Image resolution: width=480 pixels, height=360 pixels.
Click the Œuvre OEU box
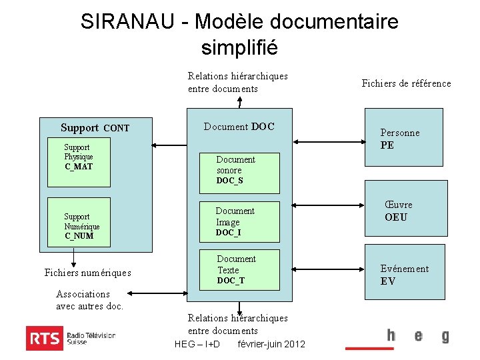click(x=404, y=211)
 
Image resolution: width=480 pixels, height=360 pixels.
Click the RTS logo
click(x=71, y=338)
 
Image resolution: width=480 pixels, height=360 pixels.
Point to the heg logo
click(x=417, y=336)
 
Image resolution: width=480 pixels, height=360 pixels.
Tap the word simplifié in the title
click(x=239, y=48)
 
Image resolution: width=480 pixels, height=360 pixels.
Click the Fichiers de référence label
click(x=406, y=83)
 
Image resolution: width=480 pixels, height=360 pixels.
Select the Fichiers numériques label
click(x=87, y=272)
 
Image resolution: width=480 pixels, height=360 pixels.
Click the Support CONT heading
click(x=95, y=128)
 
